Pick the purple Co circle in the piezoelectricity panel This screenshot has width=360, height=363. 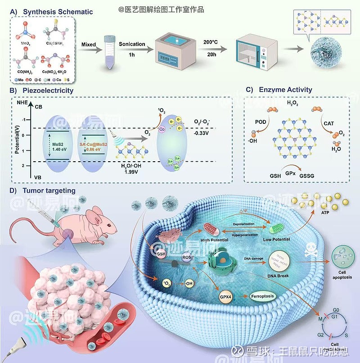[162, 129]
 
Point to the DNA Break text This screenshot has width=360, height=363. [277, 275]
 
